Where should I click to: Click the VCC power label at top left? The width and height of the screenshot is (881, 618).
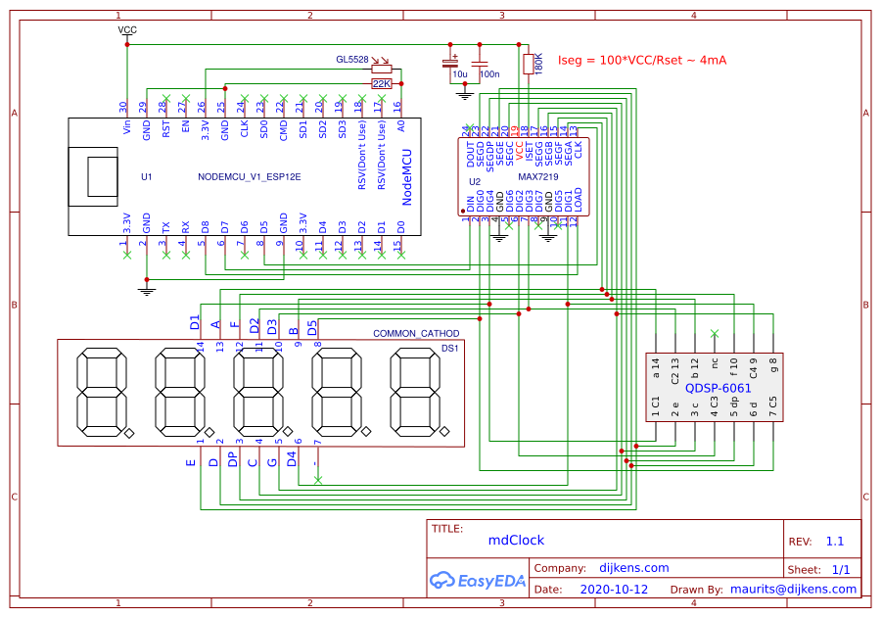(x=127, y=30)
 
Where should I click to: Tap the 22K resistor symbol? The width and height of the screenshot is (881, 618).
(x=382, y=84)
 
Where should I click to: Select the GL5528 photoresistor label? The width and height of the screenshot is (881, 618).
(x=352, y=60)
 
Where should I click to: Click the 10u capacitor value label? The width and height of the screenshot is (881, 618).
(x=459, y=74)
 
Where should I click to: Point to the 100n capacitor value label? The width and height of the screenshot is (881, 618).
(x=489, y=74)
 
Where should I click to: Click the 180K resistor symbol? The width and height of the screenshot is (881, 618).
(x=529, y=64)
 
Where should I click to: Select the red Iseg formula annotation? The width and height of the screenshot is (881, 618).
(x=641, y=61)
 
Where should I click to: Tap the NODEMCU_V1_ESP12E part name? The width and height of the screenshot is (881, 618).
(x=249, y=177)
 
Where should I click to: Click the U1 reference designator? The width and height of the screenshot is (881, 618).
(x=147, y=177)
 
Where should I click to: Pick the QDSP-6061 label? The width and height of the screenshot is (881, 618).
(x=718, y=388)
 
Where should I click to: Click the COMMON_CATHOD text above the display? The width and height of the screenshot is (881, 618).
(x=416, y=334)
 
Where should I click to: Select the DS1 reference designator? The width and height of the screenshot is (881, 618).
(x=450, y=347)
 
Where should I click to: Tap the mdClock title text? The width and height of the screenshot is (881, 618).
(x=516, y=540)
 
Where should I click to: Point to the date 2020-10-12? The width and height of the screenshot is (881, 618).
(x=614, y=590)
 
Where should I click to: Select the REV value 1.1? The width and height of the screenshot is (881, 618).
(x=834, y=541)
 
